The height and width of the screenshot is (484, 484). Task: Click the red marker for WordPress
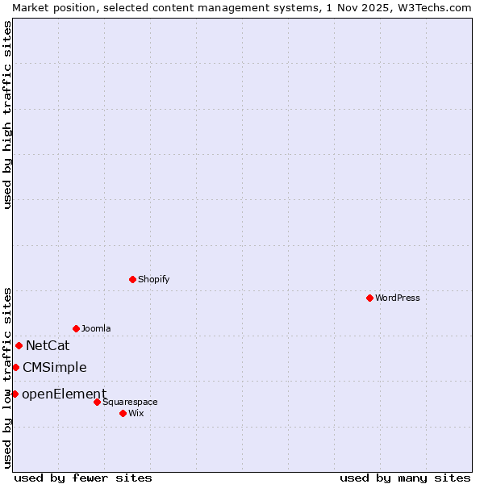pos(369,298)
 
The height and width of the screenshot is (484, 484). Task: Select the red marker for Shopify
pos(132,279)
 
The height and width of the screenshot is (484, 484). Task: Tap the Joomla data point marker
pos(76,328)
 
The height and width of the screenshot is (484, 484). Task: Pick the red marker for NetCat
pos(19,345)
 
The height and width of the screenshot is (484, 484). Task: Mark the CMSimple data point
pos(15,367)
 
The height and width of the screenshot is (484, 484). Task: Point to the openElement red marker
pos(15,394)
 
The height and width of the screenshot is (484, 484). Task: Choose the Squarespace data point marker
pos(97,402)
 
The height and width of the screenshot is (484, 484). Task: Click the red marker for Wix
pos(123,413)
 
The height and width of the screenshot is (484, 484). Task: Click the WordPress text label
pos(398,298)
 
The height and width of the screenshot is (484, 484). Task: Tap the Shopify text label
pos(153,279)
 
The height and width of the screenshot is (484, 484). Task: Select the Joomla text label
pos(96,328)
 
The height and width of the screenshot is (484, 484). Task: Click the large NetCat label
pos(48,345)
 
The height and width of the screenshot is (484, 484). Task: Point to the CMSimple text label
pos(54,367)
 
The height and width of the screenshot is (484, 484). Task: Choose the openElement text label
pos(64,394)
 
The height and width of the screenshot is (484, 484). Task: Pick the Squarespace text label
pos(130,402)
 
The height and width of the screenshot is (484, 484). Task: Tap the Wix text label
pos(136,413)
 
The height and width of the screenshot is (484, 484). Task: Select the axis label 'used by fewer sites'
pos(83,478)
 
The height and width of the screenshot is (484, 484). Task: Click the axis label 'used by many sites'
pos(405,478)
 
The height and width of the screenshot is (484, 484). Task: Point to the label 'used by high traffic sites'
pos(7,115)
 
